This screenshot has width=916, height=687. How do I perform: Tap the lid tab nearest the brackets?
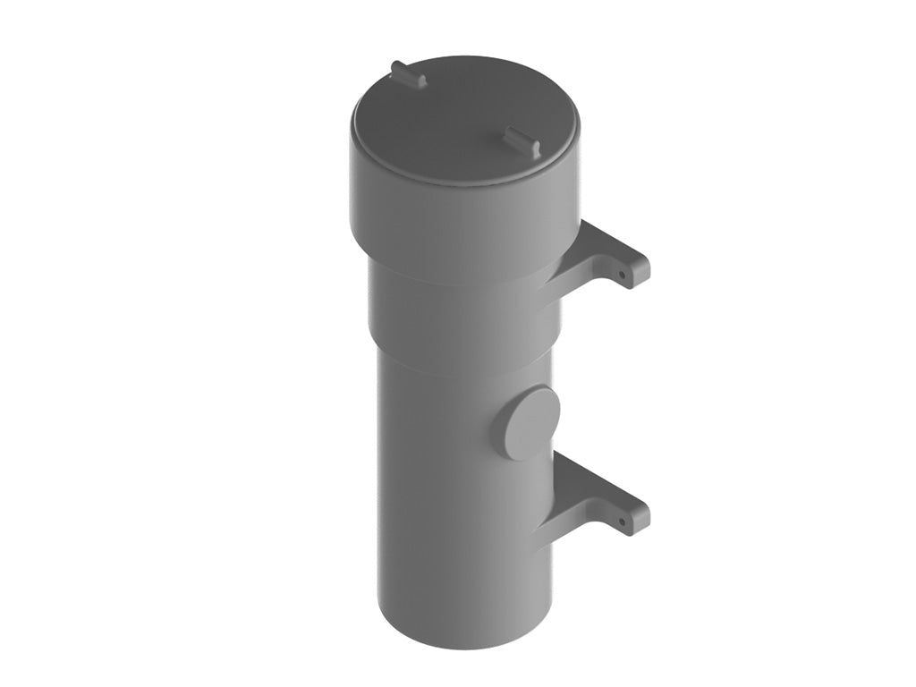pyautogui.click(x=522, y=141)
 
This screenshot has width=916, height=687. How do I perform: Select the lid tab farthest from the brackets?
pyautogui.click(x=408, y=74)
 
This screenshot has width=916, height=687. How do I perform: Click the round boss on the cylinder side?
pyautogui.click(x=528, y=423)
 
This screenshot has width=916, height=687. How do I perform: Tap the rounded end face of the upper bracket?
pyautogui.click(x=639, y=270)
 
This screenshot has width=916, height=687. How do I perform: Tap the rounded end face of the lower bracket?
pyautogui.click(x=639, y=518)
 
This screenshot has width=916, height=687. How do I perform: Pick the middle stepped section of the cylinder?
pyautogui.click(x=456, y=313)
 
